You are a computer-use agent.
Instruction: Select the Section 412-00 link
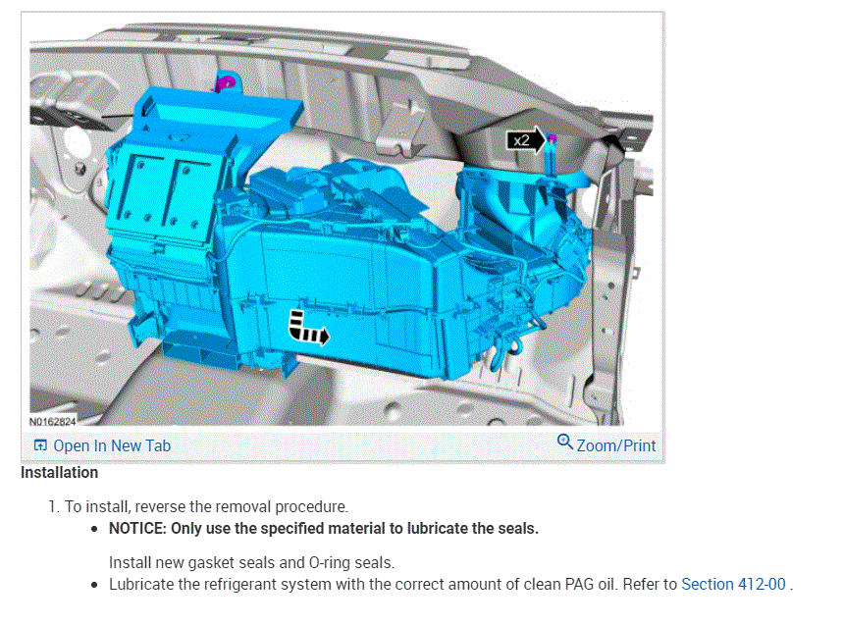pyautogui.click(x=733, y=584)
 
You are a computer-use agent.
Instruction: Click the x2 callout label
pyautogui.click(x=521, y=140)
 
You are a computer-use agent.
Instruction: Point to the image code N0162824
pyautogui.click(x=53, y=421)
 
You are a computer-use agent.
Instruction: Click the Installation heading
pyautogui.click(x=59, y=472)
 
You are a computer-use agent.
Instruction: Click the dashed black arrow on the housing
pyautogui.click(x=308, y=328)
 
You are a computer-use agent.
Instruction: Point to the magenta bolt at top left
pyautogui.click(x=226, y=83)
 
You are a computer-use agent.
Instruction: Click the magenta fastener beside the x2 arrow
pyautogui.click(x=552, y=139)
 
